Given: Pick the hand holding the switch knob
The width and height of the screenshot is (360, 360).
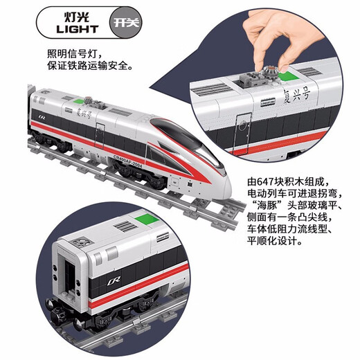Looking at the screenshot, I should click(x=260, y=38).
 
